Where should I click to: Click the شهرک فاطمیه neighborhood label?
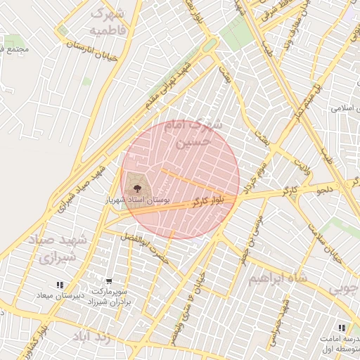pyautogui.click(x=108, y=22)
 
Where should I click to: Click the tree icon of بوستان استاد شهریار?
pyautogui.click(x=136, y=188)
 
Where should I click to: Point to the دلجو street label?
pyautogui.click(x=324, y=189)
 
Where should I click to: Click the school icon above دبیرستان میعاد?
pyautogui.click(x=60, y=285)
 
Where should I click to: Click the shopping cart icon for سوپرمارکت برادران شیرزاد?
pyautogui.click(x=109, y=280)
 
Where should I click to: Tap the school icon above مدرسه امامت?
pyautogui.click(x=341, y=328)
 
